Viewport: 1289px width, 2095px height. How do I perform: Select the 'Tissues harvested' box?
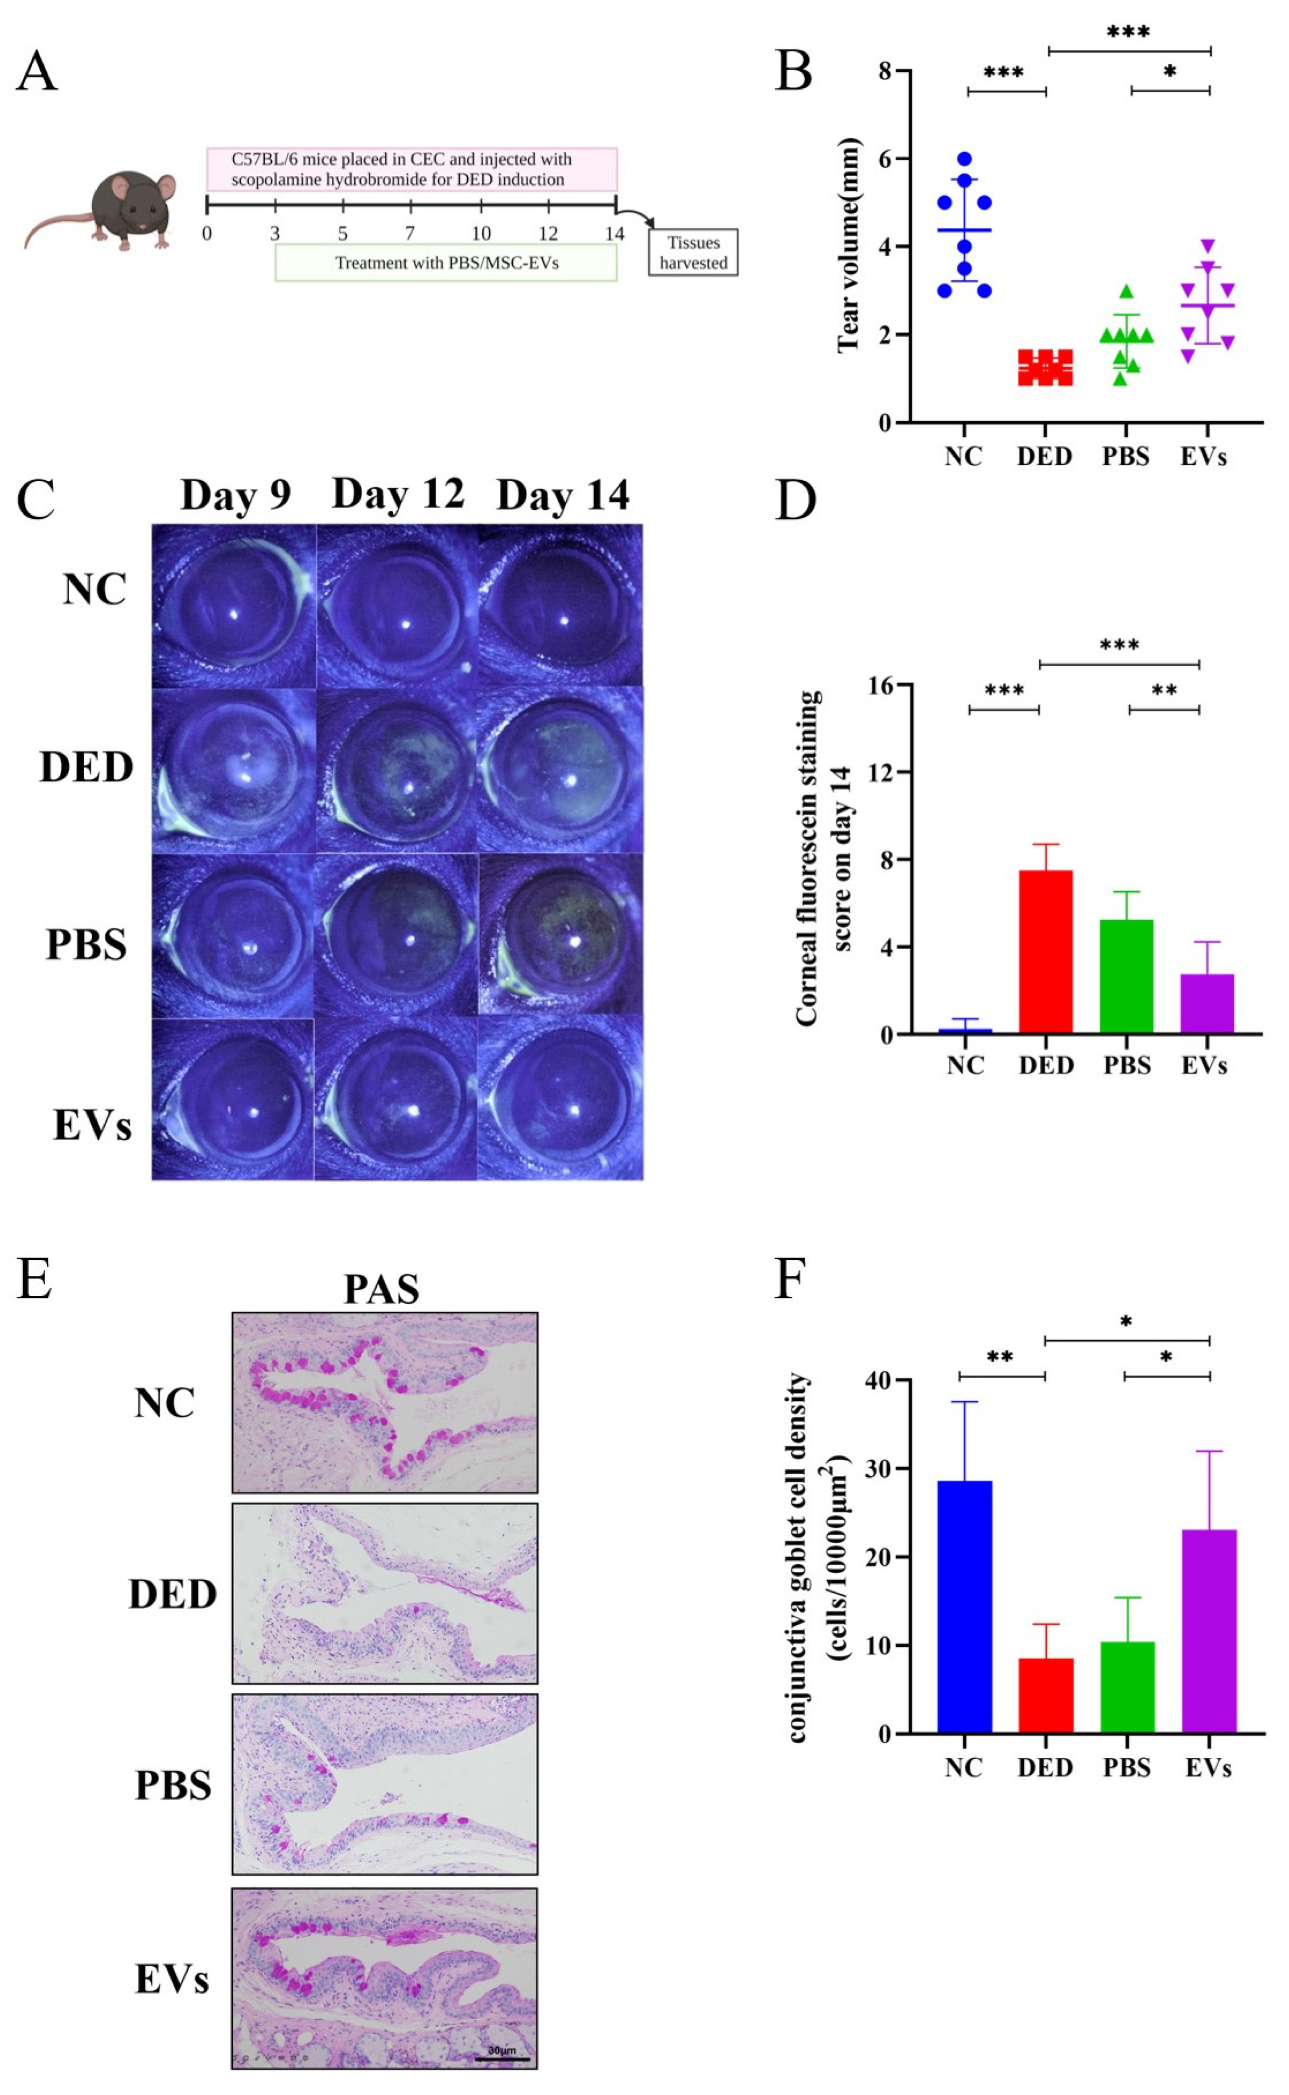pos(692,252)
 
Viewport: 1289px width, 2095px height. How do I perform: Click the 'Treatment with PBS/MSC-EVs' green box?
pos(446,263)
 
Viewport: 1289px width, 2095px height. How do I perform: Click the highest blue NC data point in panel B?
pos(964,159)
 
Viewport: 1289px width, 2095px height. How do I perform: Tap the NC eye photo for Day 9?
pos(234,605)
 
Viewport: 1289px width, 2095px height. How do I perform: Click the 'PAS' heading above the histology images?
pos(381,1289)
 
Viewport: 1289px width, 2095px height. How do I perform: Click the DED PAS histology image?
pos(384,1594)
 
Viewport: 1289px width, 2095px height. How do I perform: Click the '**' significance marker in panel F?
pos(1000,1357)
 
